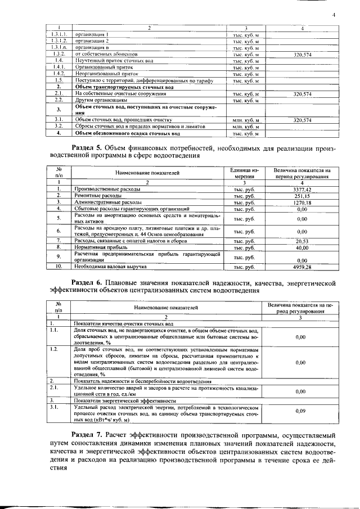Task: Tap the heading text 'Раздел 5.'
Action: click(93, 148)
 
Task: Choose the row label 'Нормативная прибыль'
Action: click(97, 247)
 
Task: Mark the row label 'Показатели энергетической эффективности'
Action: click(119, 400)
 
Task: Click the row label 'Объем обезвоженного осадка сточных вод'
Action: click(127, 133)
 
